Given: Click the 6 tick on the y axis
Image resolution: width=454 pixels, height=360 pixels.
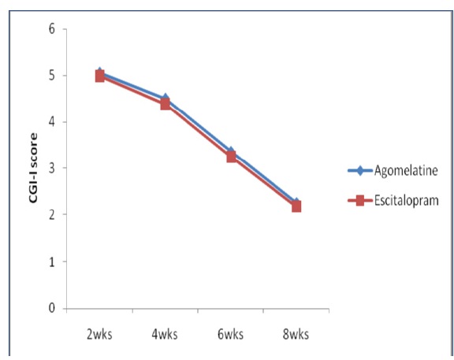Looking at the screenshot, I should click(x=53, y=29).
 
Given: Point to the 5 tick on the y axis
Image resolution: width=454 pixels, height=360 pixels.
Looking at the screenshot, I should click(x=53, y=76).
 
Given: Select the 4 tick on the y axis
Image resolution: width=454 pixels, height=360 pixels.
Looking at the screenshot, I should click(x=53, y=122).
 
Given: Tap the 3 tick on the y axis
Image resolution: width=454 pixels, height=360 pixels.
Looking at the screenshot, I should click(x=53, y=169).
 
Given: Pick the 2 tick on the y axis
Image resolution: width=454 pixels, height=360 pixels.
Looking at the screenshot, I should click(x=53, y=215).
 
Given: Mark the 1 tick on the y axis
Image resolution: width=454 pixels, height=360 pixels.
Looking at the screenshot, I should click(x=53, y=262).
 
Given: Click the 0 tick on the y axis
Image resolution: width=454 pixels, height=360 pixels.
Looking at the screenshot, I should click(x=53, y=308).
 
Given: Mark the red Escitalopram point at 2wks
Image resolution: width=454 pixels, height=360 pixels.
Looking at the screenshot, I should click(x=99, y=76).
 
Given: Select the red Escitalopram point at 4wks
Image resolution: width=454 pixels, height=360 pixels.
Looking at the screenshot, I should click(x=166, y=104).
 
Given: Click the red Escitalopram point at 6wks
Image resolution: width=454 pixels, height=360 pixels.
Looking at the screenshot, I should click(x=231, y=157).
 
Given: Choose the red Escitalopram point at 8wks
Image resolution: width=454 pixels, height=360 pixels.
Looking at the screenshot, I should click(x=296, y=206).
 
